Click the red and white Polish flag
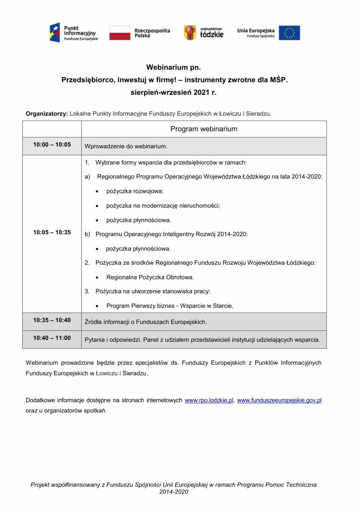(120, 33)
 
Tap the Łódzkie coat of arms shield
(190, 33)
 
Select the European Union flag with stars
(289, 33)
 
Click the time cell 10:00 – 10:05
(52, 145)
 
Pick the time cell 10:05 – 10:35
(52, 232)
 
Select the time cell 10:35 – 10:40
(52, 320)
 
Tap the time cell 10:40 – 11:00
(52, 338)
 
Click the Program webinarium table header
(204, 129)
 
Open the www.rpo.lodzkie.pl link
(209, 400)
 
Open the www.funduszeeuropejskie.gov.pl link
(279, 400)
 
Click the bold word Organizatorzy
(47, 114)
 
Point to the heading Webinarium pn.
(174, 67)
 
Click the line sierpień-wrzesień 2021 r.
(174, 92)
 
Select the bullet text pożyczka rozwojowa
(135, 191)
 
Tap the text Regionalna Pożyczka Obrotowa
(150, 277)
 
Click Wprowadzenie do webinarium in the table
(126, 146)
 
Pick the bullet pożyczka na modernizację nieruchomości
(163, 206)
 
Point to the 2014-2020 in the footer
(174, 492)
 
